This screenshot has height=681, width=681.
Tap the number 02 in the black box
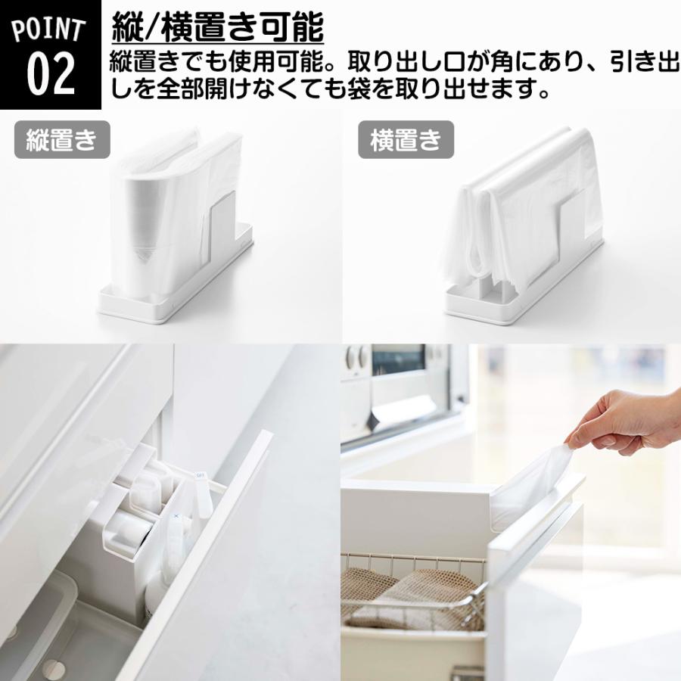pos(50,73)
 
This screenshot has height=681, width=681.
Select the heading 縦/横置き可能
pos(217,29)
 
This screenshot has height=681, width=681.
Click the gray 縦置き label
pos(62,140)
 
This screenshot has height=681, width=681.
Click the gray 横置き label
pos(405,140)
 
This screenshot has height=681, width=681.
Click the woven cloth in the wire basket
pos(409,598)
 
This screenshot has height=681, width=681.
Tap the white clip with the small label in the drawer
pos(201,492)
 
